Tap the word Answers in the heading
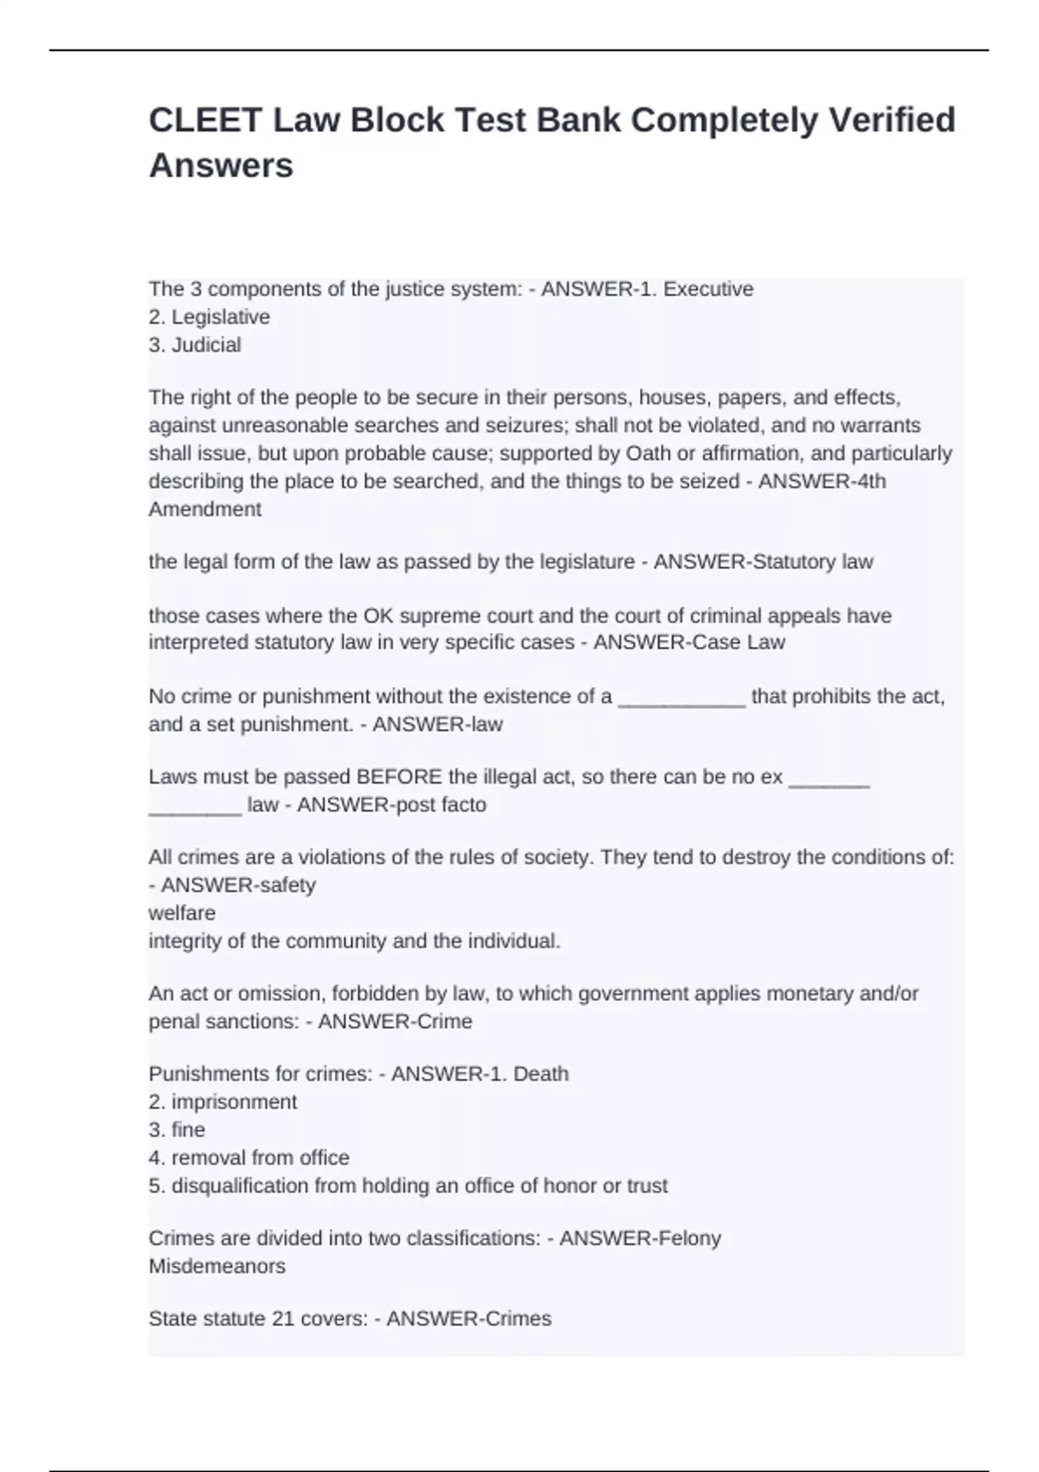coord(221,165)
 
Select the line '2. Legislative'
coord(210,317)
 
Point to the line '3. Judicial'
coord(195,345)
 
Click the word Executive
coord(708,289)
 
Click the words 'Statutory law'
coord(813,562)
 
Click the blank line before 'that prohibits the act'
coord(681,698)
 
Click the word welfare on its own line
coord(182,913)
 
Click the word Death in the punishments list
coord(541,1074)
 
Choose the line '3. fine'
coord(177,1130)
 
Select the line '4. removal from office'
coord(248,1158)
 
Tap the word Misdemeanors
coord(216,1266)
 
